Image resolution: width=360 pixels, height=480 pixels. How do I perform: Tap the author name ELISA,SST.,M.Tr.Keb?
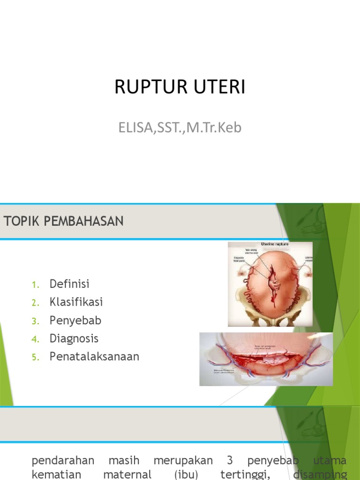[x=180, y=127]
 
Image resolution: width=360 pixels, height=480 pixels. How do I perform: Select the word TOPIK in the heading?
[x=22, y=221]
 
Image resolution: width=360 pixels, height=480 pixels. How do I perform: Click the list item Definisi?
[x=69, y=284]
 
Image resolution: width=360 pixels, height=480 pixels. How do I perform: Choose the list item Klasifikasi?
[x=76, y=302]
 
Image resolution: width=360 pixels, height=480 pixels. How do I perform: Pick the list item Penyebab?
[x=75, y=321]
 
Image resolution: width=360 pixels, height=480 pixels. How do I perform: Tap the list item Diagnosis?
[x=74, y=338]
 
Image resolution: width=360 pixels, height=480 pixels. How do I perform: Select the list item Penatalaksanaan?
[x=94, y=357]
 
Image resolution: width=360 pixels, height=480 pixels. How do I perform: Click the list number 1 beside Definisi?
[x=34, y=285]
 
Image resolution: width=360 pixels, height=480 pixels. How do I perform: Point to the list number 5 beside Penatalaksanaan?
[x=34, y=358]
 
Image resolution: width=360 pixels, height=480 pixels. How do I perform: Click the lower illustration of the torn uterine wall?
[x=266, y=360]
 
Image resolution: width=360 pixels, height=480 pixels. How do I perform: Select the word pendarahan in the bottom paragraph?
[x=63, y=460]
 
